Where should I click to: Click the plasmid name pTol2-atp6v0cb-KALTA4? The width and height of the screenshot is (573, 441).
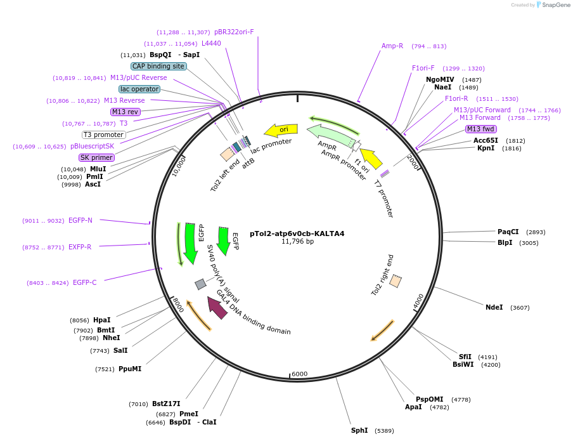coord(297,234)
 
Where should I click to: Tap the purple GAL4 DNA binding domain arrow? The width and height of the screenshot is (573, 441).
coord(217,308)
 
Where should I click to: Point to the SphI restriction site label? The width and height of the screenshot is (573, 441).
coord(359,430)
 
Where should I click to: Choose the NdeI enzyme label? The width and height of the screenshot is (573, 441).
coord(494,307)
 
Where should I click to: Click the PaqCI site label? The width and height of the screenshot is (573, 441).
coord(508,232)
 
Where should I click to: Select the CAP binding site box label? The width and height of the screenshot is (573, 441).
coord(158,66)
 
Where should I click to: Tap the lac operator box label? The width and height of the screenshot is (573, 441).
coord(139,89)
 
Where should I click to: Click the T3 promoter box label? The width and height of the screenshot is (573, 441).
coord(104,135)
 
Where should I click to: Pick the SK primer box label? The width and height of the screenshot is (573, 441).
coord(96,157)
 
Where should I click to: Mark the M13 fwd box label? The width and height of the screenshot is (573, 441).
coord(480,129)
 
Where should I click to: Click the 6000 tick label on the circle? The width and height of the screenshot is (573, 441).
coord(299,374)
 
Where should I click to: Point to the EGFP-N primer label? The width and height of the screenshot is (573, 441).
coord(80,220)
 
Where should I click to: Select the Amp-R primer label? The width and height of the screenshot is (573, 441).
coord(392,46)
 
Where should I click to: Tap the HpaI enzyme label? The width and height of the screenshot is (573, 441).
coord(101,320)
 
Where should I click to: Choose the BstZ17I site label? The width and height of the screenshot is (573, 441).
coord(166,404)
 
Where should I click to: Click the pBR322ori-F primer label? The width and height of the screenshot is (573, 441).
coord(234,32)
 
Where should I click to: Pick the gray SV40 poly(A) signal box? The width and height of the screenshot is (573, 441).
coord(200,284)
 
